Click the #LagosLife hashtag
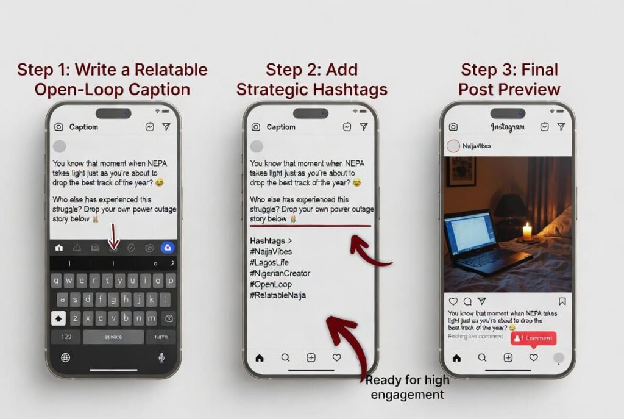pyautogui.click(x=269, y=262)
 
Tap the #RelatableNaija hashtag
pyautogui.click(x=278, y=295)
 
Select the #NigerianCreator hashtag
pyautogui.click(x=280, y=273)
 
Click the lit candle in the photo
pyautogui.click(x=527, y=232)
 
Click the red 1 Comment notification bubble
pyautogui.click(x=533, y=338)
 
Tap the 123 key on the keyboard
pyautogui.click(x=66, y=337)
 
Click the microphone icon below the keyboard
pyautogui.click(x=161, y=357)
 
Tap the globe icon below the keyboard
pyautogui.click(x=65, y=357)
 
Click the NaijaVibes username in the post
pyautogui.click(x=477, y=146)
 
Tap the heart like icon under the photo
pyautogui.click(x=453, y=301)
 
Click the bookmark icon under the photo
pyautogui.click(x=562, y=301)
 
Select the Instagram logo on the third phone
pyautogui.click(x=508, y=127)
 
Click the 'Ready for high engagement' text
pyautogui.click(x=407, y=387)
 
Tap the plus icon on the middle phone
pyautogui.click(x=311, y=358)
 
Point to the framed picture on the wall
pyautogui.click(x=461, y=171)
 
